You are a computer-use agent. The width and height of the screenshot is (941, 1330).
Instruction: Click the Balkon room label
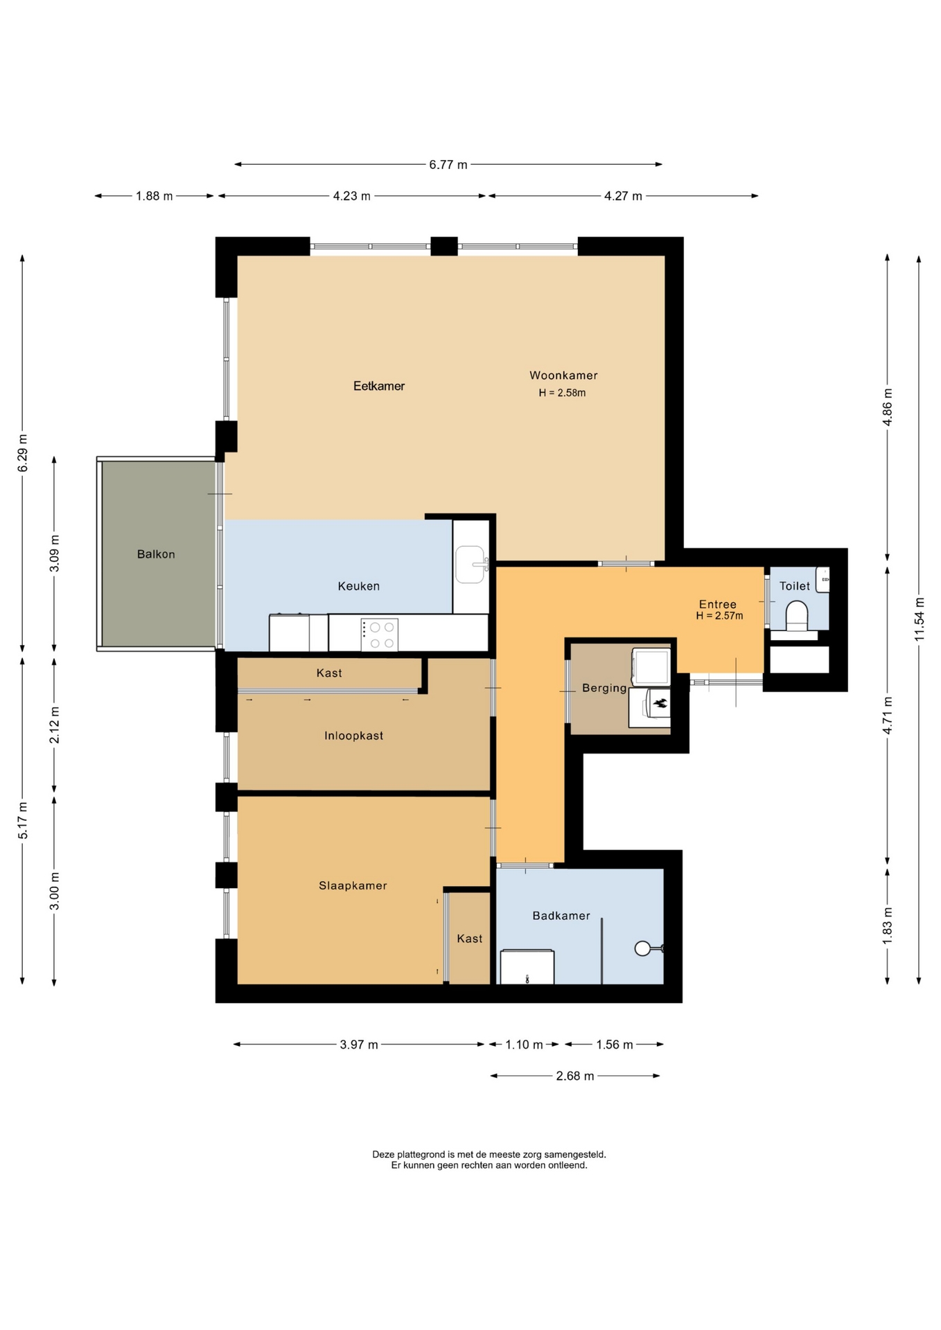[x=156, y=554]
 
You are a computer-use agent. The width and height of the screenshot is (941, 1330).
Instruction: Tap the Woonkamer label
[x=563, y=375]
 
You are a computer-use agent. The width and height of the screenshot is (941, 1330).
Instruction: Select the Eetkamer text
[x=379, y=386]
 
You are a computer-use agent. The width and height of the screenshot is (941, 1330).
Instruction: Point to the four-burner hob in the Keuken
[x=379, y=635]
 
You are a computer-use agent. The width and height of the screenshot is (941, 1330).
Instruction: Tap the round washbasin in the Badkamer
[x=643, y=948]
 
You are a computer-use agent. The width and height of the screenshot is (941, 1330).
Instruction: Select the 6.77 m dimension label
[x=448, y=165]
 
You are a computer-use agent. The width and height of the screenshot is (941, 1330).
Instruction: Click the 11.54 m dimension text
[x=920, y=619]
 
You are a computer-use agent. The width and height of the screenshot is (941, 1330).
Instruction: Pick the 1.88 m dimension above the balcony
[x=154, y=196]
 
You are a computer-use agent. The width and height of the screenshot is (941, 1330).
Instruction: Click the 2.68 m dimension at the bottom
[x=575, y=1076]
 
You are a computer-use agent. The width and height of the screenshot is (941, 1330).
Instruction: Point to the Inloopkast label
[x=353, y=736]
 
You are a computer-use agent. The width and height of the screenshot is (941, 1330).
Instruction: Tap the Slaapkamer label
[x=353, y=885]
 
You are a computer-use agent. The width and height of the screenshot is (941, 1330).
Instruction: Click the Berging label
[x=604, y=688]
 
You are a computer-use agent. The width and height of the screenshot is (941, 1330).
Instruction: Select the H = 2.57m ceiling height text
[x=719, y=616]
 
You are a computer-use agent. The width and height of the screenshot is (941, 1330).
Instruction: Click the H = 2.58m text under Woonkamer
[x=562, y=393]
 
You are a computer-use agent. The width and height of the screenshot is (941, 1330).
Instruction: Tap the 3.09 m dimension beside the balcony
[x=55, y=553]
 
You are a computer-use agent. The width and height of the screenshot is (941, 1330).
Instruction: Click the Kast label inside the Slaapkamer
[x=469, y=939]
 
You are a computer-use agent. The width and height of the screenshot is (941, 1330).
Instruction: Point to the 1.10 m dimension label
[x=524, y=1045]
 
